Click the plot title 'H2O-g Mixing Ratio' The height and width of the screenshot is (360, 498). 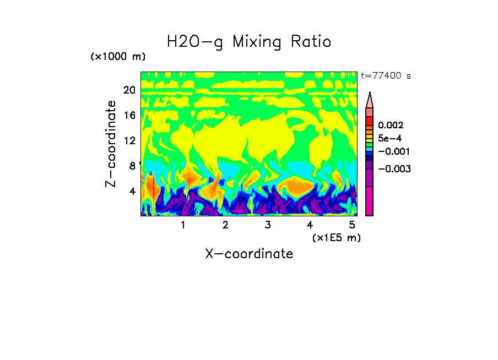tap(249, 42)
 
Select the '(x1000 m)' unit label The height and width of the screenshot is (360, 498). tap(118, 57)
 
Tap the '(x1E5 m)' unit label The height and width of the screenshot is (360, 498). tap(336, 237)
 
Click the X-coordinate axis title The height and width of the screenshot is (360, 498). tap(249, 254)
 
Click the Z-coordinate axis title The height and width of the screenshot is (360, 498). tap(111, 144)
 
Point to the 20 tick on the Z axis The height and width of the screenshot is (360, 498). tap(129, 90)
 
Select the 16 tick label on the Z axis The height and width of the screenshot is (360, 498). tap(129, 116)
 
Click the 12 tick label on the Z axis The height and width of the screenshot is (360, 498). tap(129, 141)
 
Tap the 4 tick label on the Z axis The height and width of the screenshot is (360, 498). tap(132, 192)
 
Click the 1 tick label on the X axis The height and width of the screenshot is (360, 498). tap(183, 225)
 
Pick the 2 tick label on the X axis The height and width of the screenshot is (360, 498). tap(225, 225)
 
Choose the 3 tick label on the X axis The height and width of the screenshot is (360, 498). tap(267, 225)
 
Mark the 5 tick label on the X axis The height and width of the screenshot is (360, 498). tap(351, 225)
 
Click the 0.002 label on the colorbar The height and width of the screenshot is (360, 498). tap(391, 126)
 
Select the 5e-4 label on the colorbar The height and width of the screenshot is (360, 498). tap(390, 138)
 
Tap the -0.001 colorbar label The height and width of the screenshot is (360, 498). tap(392, 151)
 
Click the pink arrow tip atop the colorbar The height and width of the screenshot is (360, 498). tap(370, 100)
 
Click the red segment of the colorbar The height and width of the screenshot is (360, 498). tap(370, 121)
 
